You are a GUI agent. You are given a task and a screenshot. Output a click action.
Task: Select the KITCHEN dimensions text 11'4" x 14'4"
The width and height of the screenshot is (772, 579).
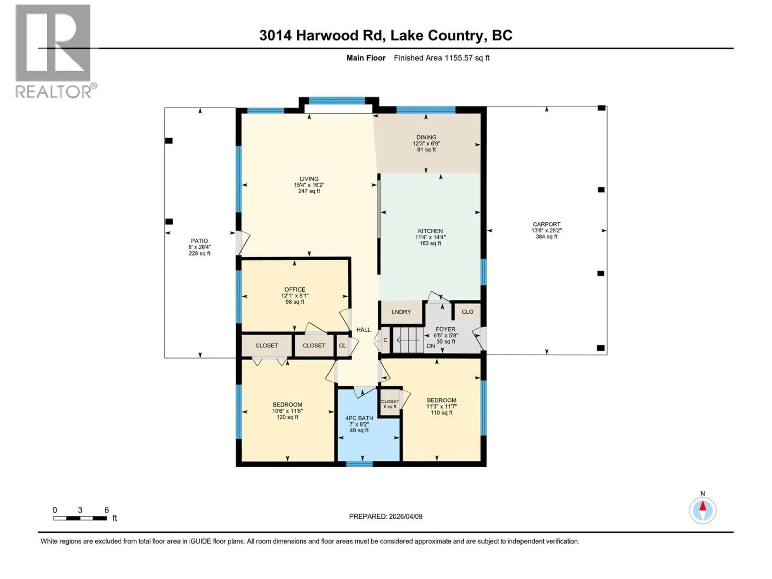tap(430, 237)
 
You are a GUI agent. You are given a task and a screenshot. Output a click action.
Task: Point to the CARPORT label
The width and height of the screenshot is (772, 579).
tap(546, 224)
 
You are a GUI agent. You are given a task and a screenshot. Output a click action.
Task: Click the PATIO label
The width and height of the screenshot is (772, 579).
tap(199, 241)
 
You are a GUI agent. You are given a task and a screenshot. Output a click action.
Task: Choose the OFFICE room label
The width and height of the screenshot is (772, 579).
tap(295, 289)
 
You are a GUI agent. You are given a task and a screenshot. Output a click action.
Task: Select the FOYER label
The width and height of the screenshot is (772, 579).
tap(445, 329)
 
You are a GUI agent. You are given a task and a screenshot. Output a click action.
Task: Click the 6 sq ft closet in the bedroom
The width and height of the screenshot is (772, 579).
tap(389, 404)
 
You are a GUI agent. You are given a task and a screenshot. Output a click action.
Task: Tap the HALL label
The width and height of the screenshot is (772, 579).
tap(363, 330)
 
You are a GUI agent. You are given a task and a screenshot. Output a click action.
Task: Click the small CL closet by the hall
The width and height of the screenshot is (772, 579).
tap(342, 346)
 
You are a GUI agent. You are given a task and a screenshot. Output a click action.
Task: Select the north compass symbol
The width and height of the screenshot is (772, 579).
tap(703, 510)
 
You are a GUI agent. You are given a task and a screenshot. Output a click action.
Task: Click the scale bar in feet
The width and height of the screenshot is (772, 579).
tap(80, 518)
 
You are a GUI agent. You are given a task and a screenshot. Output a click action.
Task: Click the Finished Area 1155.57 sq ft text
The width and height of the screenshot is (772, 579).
tap(441, 58)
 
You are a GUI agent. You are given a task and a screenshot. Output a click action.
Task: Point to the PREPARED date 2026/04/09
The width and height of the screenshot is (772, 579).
tap(386, 516)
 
